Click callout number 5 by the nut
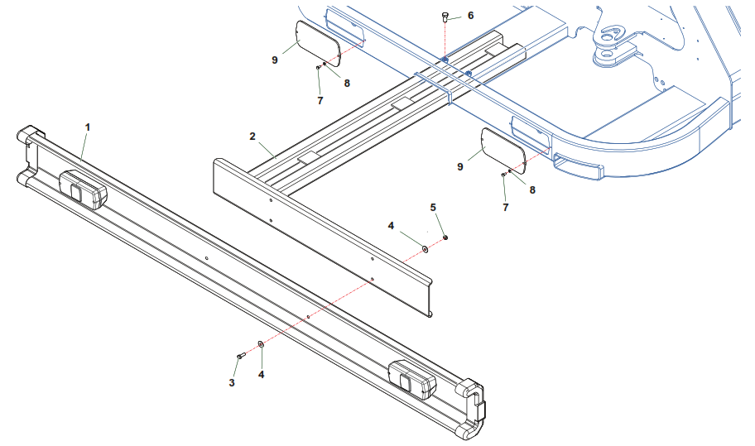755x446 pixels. pos(432,206)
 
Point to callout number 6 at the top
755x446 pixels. pos(470,16)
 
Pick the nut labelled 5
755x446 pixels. pos(445,237)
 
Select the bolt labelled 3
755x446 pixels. pos(241,355)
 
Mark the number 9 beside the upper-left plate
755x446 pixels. pos(274,60)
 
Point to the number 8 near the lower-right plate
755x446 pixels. pos(532,189)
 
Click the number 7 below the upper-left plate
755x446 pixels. pos(320,100)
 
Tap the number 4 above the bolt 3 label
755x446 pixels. pos(262,374)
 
